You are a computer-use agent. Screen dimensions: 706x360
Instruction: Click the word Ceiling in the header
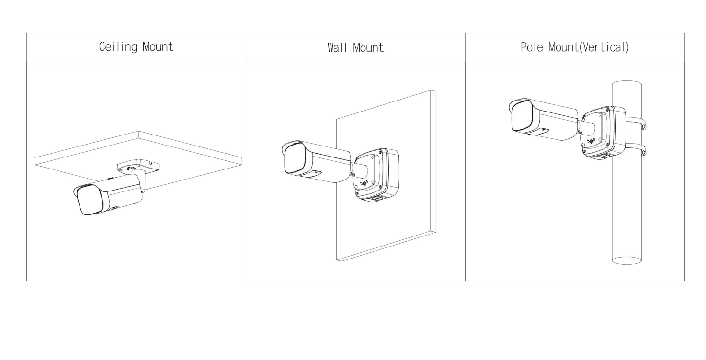click(x=118, y=47)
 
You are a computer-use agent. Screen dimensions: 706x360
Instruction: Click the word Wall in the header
click(x=337, y=48)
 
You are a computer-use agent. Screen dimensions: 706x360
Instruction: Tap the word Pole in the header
click(x=532, y=47)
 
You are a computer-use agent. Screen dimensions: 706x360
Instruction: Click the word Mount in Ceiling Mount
click(x=158, y=46)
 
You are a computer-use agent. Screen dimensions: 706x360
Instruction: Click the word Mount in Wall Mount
click(x=368, y=48)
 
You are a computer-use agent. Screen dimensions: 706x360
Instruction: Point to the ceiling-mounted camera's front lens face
click(x=90, y=201)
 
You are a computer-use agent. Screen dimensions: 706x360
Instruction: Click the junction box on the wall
click(x=376, y=175)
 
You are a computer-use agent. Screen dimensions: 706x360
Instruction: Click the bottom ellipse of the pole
click(x=626, y=260)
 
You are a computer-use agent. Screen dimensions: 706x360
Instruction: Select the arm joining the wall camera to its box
click(x=359, y=170)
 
